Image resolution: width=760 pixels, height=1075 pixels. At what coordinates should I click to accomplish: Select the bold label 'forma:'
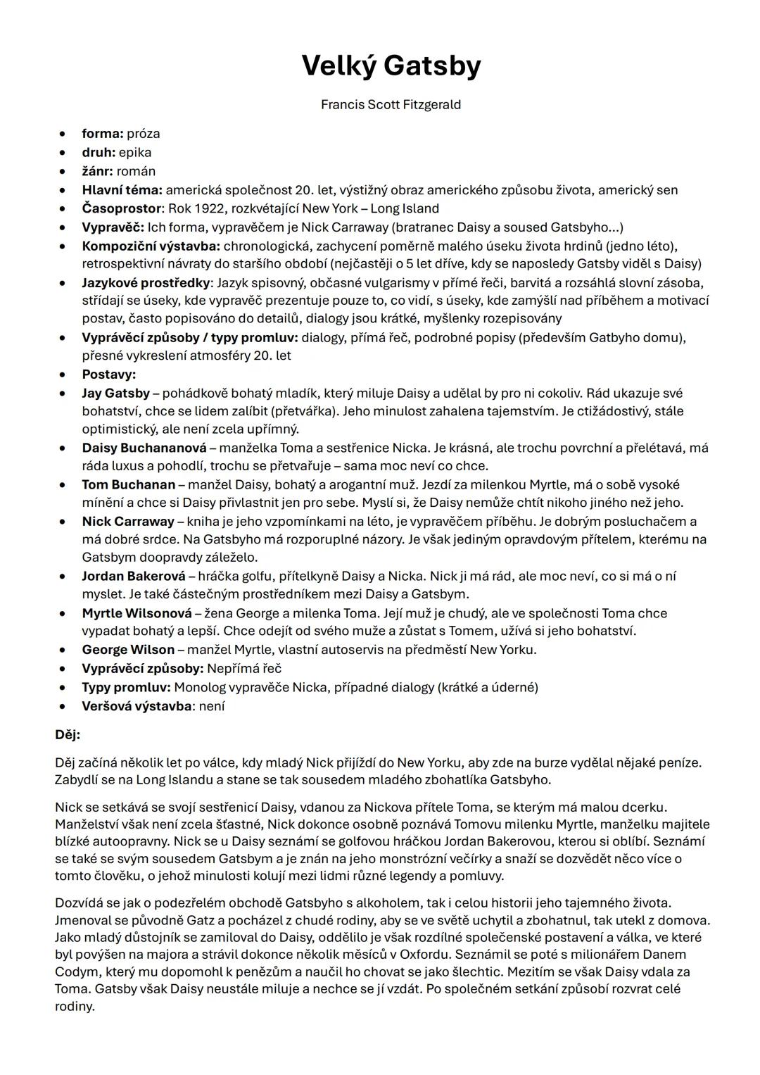pos(103,134)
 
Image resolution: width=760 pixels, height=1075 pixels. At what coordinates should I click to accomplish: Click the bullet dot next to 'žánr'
pos(63,171)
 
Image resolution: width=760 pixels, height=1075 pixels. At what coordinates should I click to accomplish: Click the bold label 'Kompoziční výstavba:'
pos(151,246)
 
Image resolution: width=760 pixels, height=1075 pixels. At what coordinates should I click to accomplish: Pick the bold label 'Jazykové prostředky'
pos(146,283)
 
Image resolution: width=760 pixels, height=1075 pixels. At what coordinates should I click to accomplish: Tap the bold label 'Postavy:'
pos(109,375)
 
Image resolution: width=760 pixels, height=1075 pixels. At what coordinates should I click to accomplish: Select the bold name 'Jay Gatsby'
pos(116,393)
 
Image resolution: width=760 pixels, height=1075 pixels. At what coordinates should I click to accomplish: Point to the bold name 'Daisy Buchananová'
pos(144,448)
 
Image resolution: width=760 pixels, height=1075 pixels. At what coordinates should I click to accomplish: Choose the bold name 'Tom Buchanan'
pos(129,484)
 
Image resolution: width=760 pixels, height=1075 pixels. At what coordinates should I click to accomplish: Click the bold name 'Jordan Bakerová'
pos(134,576)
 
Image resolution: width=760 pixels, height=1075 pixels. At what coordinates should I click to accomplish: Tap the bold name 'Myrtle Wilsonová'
pos(137,613)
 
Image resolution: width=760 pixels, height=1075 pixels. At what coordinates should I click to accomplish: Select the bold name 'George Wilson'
pos(128,650)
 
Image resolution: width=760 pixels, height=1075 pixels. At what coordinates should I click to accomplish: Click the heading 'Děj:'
pos(68,735)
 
